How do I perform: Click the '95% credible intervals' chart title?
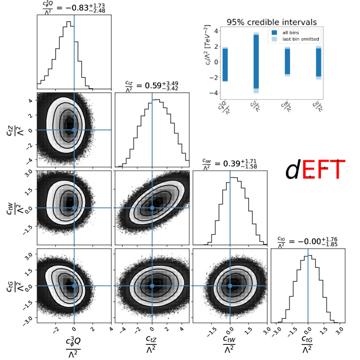tap(272, 22)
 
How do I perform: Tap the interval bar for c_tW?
tap(287, 62)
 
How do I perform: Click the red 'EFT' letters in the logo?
tap(323, 170)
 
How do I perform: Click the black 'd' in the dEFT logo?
tap(293, 170)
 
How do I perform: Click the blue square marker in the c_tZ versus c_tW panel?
tap(152, 208)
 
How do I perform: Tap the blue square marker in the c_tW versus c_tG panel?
tap(230, 285)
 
